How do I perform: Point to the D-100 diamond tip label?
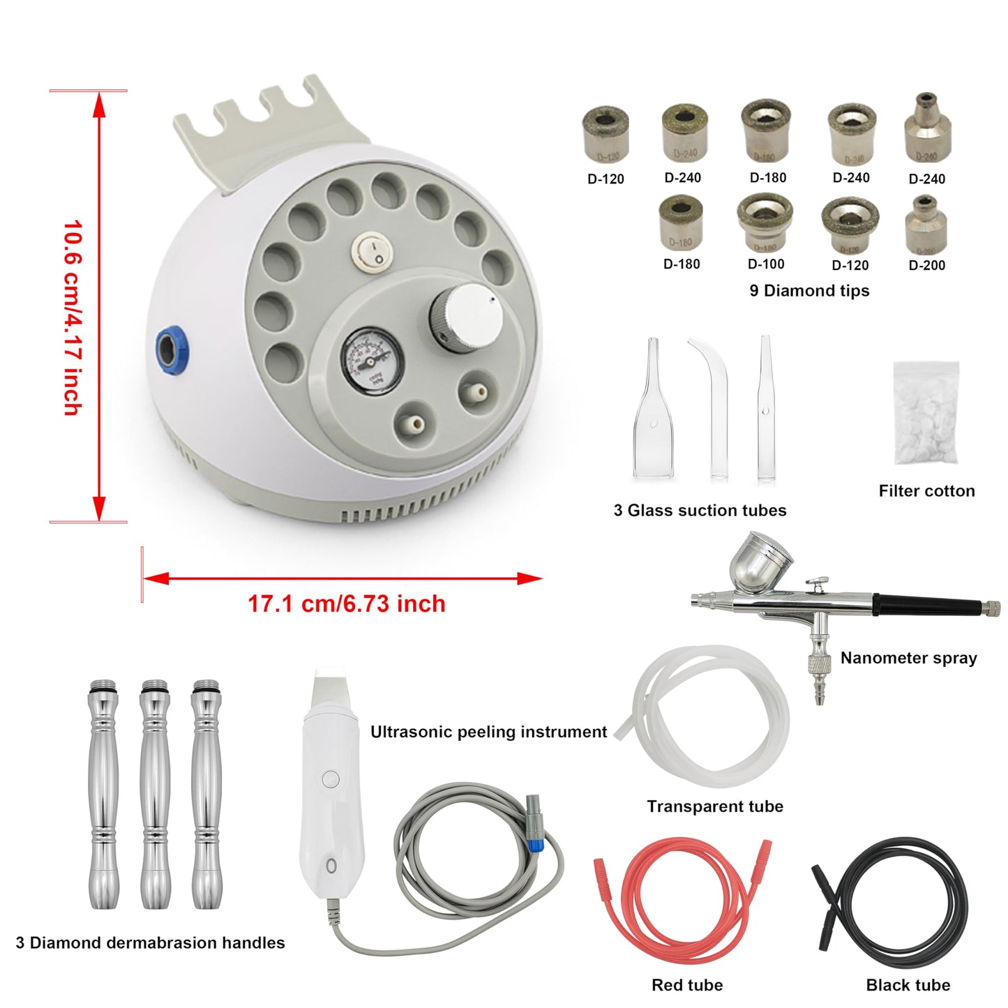point(766,264)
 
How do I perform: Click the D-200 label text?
point(927,265)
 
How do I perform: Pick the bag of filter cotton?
point(926,413)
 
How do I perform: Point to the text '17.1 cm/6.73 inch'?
point(347,603)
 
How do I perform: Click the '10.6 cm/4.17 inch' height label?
point(73,318)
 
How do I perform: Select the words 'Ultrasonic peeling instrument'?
point(488,732)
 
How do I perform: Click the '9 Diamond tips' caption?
point(809,291)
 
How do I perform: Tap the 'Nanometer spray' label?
point(908,658)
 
